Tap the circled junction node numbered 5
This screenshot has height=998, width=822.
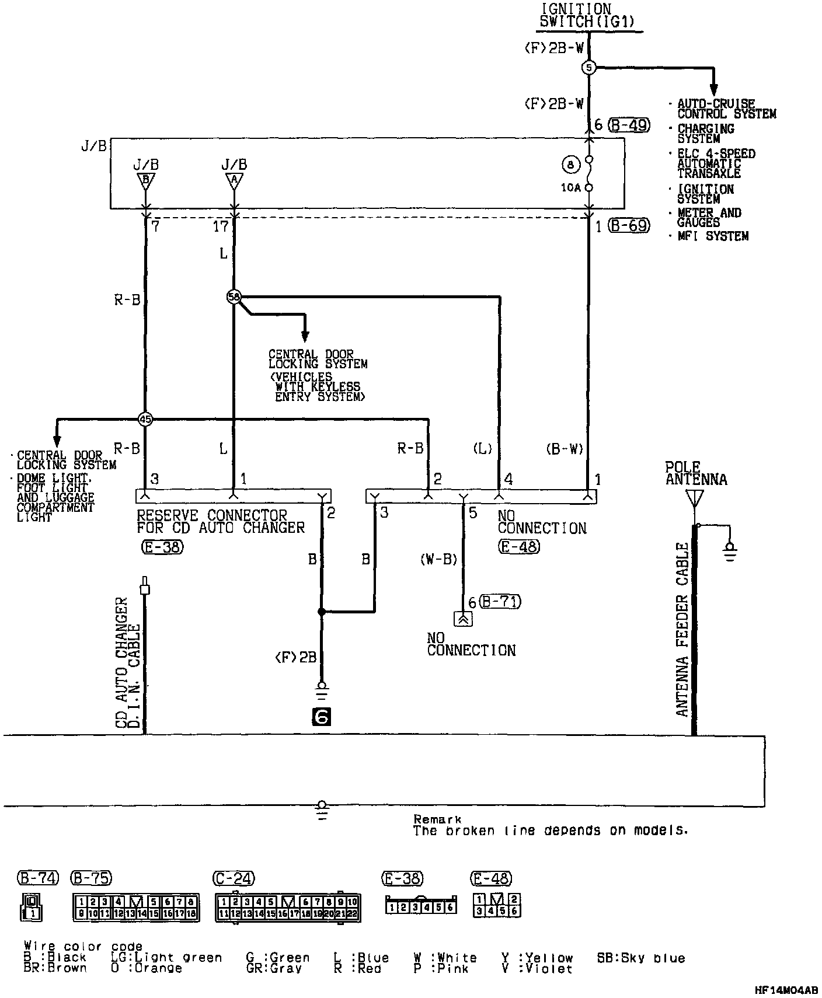[x=588, y=68]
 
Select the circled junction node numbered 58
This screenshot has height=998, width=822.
[x=234, y=297]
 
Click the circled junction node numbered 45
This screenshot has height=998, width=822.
[x=145, y=418]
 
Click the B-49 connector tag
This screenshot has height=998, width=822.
[x=629, y=125]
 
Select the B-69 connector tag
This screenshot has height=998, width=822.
[x=629, y=225]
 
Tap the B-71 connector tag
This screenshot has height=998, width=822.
[x=500, y=601]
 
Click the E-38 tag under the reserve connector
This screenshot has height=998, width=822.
[x=162, y=547]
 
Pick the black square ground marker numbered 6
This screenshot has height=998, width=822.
[x=321, y=717]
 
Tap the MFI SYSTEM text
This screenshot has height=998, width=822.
[x=713, y=236]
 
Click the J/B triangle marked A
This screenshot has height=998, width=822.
[x=234, y=180]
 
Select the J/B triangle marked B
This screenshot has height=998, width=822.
[x=145, y=180]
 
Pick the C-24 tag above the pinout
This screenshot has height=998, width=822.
[x=235, y=878]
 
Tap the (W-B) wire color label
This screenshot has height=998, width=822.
[x=438, y=559]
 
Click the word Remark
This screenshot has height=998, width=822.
[x=437, y=819]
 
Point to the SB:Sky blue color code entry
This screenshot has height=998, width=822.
[x=640, y=958]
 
